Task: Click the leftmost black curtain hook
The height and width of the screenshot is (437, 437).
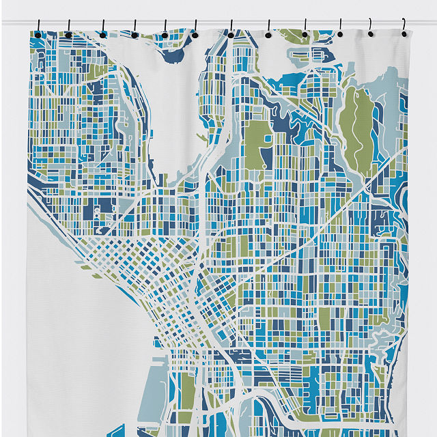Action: click(38, 31)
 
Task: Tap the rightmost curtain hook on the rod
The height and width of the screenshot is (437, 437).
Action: click(404, 30)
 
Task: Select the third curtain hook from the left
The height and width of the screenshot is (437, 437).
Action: click(102, 31)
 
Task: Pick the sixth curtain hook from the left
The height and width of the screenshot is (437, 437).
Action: click(195, 31)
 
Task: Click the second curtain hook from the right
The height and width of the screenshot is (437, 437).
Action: click(371, 31)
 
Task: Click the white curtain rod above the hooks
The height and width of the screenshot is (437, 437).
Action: click(218, 22)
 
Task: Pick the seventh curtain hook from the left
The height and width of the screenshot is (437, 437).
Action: click(231, 31)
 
